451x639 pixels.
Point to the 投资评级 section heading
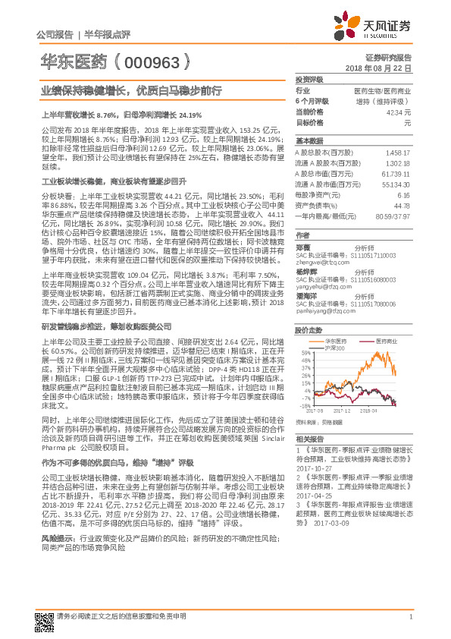click(308, 78)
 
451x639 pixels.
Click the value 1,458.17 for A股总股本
click(398, 152)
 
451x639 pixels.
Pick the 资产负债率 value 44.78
click(402, 205)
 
